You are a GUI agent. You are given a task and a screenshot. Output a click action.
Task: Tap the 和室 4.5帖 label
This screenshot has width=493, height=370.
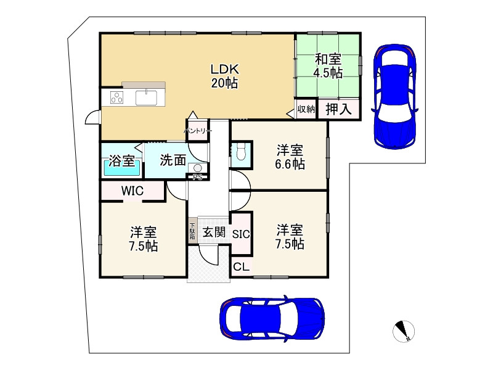click(328, 66)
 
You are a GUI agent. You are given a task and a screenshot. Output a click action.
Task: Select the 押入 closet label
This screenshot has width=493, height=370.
click(338, 110)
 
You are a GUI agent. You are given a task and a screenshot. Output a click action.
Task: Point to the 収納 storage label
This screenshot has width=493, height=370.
click(306, 109)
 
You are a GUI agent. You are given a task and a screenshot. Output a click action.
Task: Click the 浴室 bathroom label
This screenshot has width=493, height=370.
click(122, 162)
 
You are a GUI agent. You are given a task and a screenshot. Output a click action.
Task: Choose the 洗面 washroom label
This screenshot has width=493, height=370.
click(173, 160)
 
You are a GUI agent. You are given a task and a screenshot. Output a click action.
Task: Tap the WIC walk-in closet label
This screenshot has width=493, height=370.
click(132, 191)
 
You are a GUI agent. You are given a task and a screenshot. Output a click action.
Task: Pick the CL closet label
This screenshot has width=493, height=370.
click(241, 267)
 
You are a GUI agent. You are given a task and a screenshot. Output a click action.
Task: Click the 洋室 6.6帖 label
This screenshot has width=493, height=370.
click(289, 157)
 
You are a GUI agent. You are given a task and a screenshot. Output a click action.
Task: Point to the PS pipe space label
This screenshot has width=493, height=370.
click(197, 178)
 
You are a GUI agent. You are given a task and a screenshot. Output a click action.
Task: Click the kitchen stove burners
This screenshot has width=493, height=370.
click(117, 97)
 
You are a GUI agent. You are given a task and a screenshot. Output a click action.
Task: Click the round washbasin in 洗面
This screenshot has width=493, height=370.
click(197, 168)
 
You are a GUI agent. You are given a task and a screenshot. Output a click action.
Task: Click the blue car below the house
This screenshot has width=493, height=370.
click(272, 319)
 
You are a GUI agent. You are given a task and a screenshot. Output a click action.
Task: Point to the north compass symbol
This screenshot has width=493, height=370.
click(404, 331)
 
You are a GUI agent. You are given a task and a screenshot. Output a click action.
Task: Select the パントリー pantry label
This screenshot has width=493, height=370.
click(198, 131)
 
